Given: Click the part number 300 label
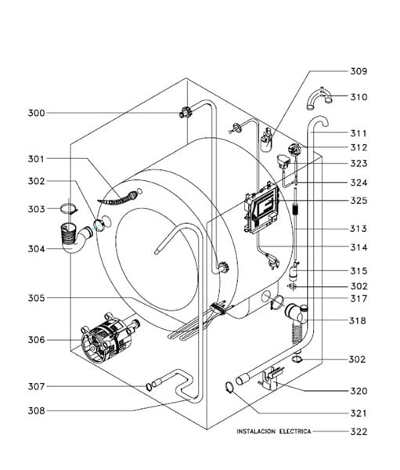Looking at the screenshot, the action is (36, 113).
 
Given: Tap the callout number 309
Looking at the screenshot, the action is (359, 71).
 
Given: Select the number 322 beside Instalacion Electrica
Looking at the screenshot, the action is (359, 432).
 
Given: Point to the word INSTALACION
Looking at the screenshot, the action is (256, 432).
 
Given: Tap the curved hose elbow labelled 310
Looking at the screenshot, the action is (319, 99).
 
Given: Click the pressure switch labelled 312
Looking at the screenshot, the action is (294, 149).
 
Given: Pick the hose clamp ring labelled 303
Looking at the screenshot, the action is (69, 208).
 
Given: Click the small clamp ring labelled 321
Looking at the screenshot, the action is (229, 387).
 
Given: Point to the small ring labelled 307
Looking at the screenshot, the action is (149, 387).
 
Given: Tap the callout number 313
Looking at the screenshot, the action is (358, 229).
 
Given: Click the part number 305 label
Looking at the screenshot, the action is (36, 298).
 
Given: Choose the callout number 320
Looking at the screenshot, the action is (359, 391).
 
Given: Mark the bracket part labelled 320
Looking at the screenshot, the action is (270, 378).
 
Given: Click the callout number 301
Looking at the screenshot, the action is (36, 159).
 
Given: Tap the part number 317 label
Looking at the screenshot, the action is (359, 299).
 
